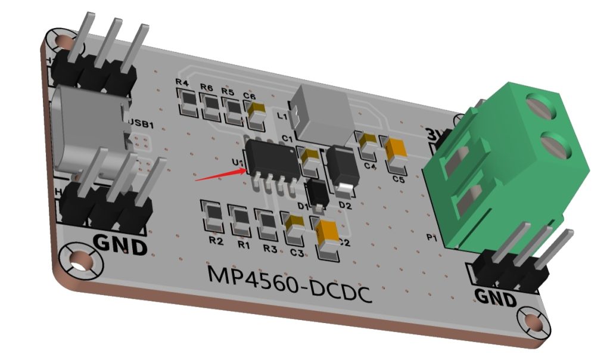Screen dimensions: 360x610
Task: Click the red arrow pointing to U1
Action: click(x=220, y=173)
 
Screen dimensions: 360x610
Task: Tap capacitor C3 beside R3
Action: click(x=294, y=230)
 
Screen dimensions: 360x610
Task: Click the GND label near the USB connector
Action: click(x=120, y=244)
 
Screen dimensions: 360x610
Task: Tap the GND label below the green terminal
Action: click(x=495, y=296)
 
